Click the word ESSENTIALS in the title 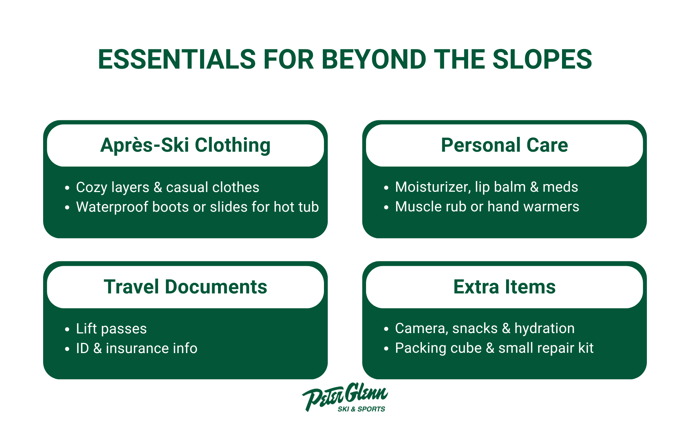click(x=177, y=59)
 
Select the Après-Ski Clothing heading click(x=185, y=145)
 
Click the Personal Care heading click(x=504, y=145)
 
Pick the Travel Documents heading click(x=185, y=287)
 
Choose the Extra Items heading click(x=504, y=287)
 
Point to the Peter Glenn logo click(x=345, y=397)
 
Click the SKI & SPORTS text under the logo click(x=361, y=409)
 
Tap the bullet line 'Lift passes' click(x=111, y=329)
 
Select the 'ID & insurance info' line click(x=137, y=348)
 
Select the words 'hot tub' click(x=296, y=207)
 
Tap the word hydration click(x=544, y=329)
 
